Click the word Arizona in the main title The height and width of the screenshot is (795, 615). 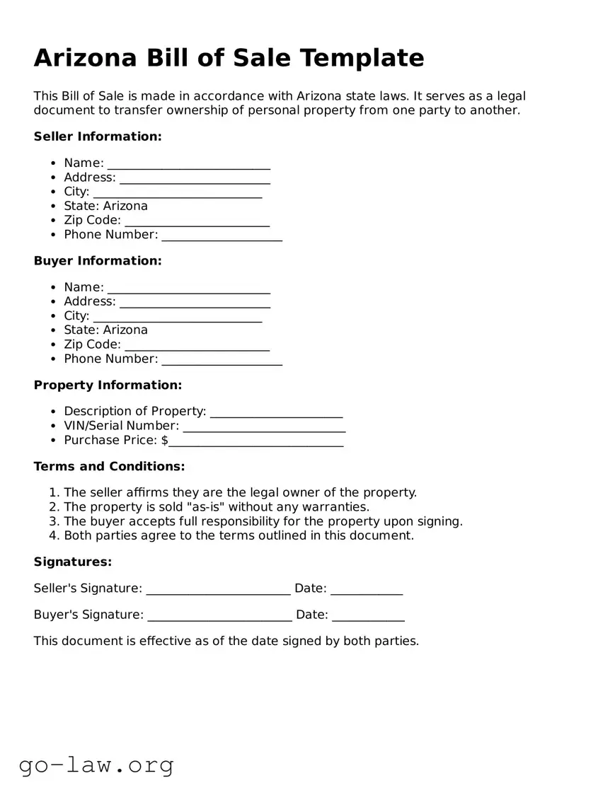85,57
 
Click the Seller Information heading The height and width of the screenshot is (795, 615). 98,137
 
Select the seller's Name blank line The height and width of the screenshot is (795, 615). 188,164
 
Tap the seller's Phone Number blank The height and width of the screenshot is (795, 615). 222,236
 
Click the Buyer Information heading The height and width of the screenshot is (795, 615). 98,261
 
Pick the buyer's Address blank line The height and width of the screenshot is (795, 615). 195,303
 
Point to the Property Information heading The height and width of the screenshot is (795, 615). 108,385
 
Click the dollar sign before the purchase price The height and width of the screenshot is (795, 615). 165,440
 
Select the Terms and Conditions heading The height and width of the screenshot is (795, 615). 109,467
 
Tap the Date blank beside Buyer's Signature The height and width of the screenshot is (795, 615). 368,616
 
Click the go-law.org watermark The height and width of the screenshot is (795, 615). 96,765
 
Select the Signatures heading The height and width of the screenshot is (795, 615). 73,562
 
